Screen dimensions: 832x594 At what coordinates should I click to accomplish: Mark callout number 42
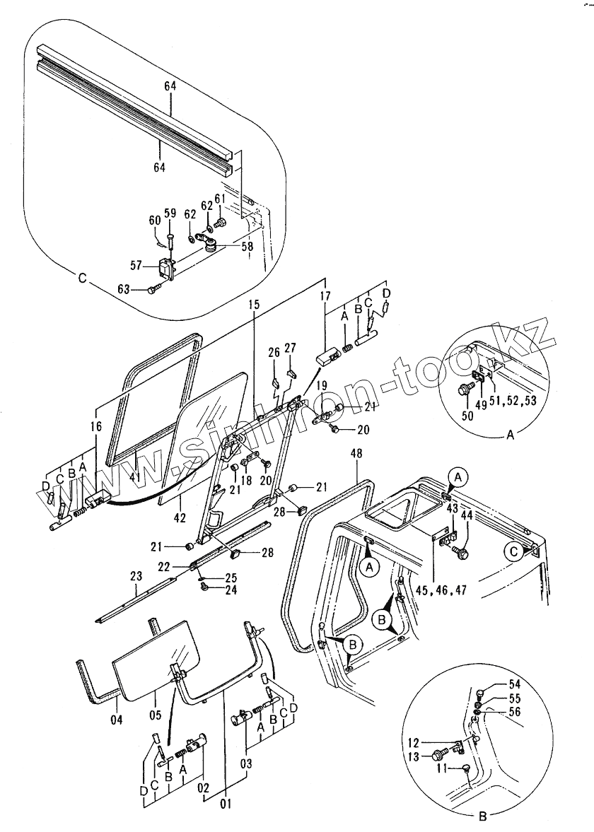pyautogui.click(x=180, y=517)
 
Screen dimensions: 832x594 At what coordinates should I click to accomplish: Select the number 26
pyautogui.click(x=274, y=352)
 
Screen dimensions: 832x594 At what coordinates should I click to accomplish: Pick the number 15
pyautogui.click(x=254, y=305)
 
